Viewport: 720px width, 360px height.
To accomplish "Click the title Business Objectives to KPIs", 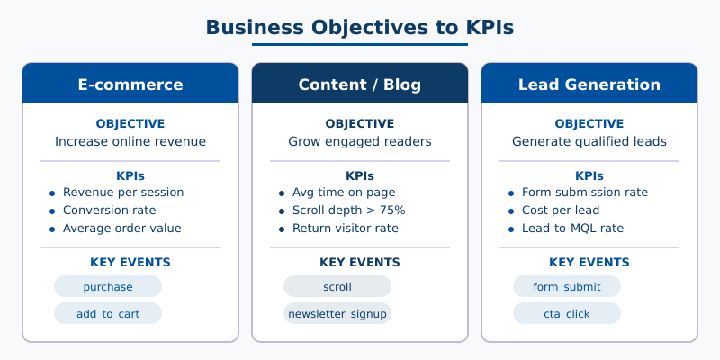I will tap(360, 27).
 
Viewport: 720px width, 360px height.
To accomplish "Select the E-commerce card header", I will tap(130, 85).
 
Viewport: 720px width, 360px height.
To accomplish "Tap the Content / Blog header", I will tap(360, 85).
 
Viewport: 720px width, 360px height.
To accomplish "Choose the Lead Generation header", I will tap(589, 85).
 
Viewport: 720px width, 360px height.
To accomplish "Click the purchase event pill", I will tap(108, 287).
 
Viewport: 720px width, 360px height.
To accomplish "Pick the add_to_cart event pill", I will tap(108, 314).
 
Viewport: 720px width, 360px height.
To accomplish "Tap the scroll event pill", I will tap(337, 287).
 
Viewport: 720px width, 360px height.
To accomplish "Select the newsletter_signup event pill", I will tap(337, 314).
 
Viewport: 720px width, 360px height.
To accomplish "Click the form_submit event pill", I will tap(567, 287).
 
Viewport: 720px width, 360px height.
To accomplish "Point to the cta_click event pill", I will tap(567, 314).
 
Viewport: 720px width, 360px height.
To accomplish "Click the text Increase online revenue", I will tap(130, 141).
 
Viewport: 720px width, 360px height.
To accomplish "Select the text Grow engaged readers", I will tap(360, 141).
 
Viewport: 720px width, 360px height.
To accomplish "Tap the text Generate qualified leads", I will tap(589, 141).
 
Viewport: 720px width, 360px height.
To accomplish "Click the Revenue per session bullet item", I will tap(123, 193).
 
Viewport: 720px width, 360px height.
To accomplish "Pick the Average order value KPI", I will tap(121, 229).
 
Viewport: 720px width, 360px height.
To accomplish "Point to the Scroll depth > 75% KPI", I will tap(348, 211).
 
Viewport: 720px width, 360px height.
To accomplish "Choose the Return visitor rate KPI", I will tap(345, 229).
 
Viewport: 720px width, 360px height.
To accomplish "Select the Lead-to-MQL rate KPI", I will tap(572, 229).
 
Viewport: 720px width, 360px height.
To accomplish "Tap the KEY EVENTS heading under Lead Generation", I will tap(589, 263).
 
